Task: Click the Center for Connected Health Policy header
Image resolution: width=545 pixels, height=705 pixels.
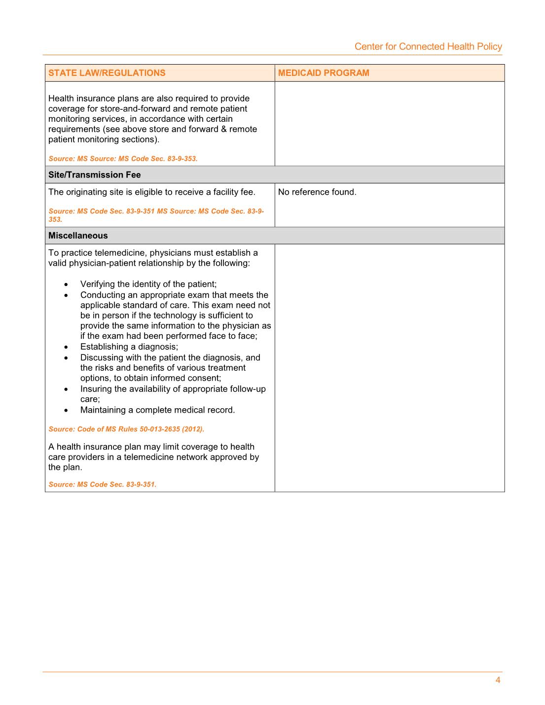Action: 428,46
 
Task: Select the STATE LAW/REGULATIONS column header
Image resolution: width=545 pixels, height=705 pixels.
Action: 107,73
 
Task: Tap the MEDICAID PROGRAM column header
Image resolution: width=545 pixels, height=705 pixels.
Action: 323,73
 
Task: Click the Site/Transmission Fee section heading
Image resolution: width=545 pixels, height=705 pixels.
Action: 94,175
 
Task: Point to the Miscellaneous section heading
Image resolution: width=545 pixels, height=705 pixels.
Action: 78,236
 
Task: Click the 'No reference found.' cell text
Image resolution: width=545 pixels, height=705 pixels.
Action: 317,192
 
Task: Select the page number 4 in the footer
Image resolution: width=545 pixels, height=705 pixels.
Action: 498,680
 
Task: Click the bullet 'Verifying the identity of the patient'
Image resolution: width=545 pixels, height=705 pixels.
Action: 148,284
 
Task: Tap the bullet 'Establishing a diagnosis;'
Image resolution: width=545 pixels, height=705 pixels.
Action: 129,347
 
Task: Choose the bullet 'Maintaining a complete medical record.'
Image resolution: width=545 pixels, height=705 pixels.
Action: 157,410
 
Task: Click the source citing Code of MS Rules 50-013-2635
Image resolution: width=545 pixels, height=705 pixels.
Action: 126,429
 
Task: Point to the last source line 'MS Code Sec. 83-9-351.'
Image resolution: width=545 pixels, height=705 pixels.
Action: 102,484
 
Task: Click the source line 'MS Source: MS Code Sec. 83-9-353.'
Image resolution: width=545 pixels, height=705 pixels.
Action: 123,159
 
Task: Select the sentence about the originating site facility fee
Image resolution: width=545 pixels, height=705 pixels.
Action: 151,192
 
